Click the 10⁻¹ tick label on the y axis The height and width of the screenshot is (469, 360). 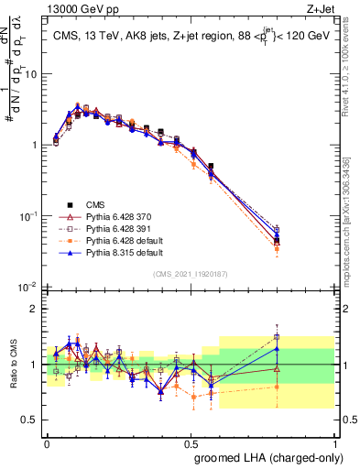(x=27, y=215)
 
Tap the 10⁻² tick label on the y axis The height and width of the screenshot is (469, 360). (x=27, y=287)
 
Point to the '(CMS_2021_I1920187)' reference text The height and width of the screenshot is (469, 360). (x=191, y=273)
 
